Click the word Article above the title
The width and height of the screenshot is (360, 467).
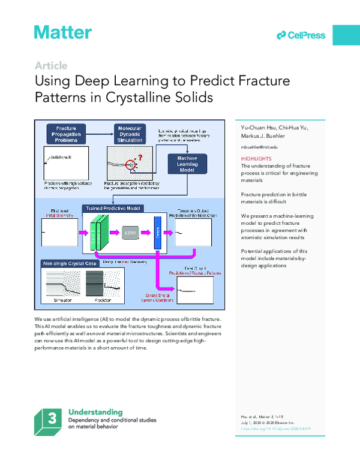pos(50,66)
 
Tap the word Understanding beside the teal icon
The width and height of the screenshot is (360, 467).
pos(96,412)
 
